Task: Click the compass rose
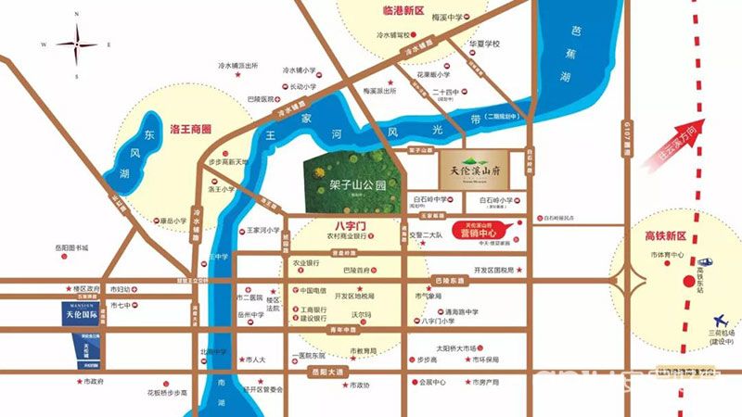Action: pos(76,44)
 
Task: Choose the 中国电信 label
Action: pos(311,290)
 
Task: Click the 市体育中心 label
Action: pos(667,254)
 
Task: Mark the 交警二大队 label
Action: pos(429,234)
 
